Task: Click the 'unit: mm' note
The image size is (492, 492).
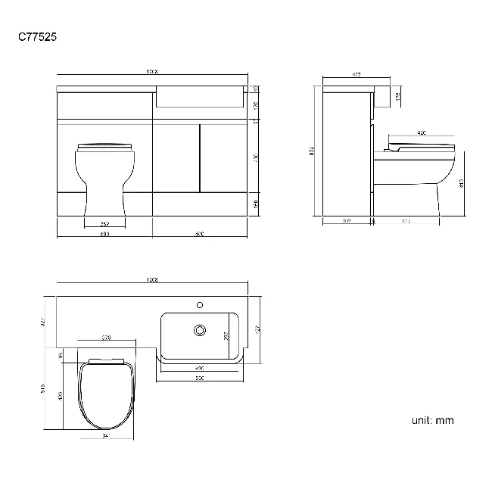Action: tap(433, 420)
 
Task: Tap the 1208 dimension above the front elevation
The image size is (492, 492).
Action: tap(152, 72)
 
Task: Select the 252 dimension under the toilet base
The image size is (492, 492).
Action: tap(104, 224)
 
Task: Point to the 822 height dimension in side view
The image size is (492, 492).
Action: tap(312, 151)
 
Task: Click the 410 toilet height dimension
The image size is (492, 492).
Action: tap(461, 182)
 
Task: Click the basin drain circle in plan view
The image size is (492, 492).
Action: tap(201, 330)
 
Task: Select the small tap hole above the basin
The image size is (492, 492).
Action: tap(201, 305)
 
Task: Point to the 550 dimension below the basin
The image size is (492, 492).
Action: tap(200, 377)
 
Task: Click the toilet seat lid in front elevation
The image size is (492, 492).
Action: tap(105, 145)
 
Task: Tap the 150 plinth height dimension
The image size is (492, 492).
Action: tap(256, 203)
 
